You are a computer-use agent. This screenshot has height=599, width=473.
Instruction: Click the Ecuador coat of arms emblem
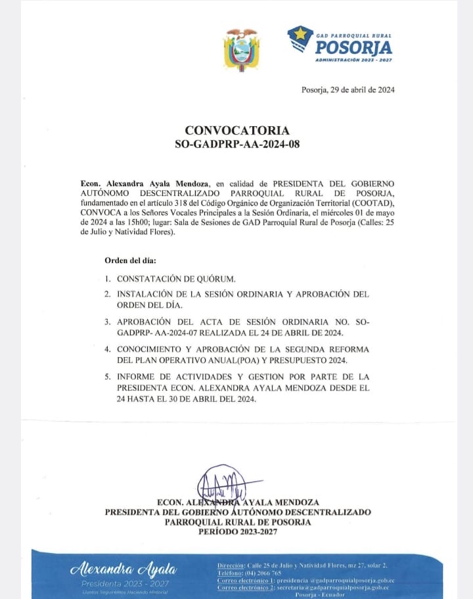(242, 50)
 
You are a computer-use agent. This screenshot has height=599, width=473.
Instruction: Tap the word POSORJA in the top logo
(353, 47)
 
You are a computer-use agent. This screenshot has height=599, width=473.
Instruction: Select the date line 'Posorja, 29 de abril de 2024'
(338, 90)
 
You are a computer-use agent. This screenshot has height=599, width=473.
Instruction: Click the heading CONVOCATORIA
(236, 131)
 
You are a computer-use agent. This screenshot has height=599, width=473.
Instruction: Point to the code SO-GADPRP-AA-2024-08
(236, 144)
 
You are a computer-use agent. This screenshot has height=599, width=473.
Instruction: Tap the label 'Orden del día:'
(130, 261)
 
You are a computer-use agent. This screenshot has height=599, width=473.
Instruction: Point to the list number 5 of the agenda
(107, 377)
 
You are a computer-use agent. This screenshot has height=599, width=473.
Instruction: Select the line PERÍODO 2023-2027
(237, 531)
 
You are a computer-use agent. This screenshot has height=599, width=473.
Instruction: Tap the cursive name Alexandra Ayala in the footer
(124, 569)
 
